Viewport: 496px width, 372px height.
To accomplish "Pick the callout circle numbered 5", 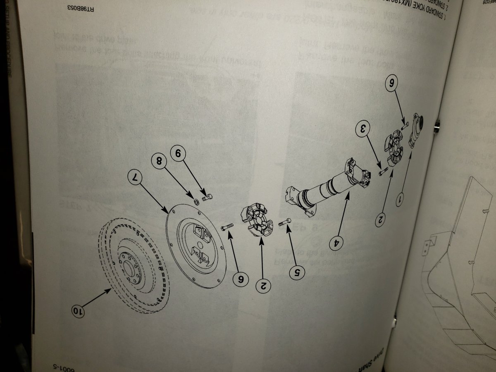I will [x=298, y=272].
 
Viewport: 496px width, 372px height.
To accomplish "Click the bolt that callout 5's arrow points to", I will [x=285, y=222].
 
